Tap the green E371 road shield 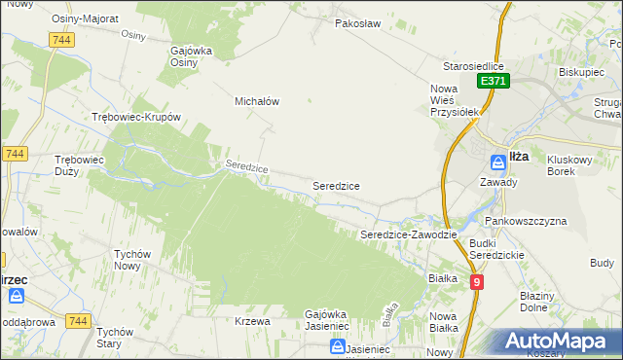tap(492, 82)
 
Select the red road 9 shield tap(476, 282)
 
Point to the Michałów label tap(258, 100)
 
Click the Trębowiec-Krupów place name tap(136, 117)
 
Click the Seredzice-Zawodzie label tap(409, 235)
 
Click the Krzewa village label tap(252, 321)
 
